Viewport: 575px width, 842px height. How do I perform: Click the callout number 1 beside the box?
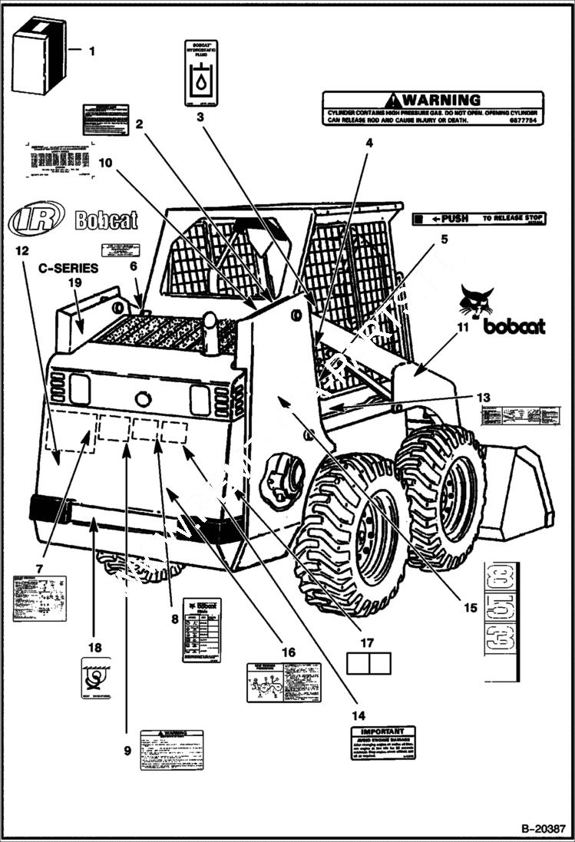point(92,51)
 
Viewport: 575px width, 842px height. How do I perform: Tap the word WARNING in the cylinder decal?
point(432,100)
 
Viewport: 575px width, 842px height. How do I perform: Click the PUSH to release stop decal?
point(478,219)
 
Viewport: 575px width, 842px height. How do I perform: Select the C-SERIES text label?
point(69,269)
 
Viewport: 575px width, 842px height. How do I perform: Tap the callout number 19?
point(74,282)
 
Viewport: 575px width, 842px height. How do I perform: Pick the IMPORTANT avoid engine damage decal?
point(382,743)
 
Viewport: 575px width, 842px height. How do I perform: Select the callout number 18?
point(94,647)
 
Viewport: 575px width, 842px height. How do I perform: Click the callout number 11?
point(461,326)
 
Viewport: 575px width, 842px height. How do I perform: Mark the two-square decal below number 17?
point(368,663)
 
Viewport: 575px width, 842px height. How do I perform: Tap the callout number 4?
point(368,143)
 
